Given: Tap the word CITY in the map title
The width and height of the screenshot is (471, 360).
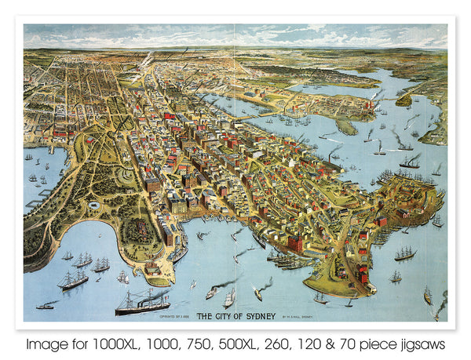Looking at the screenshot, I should click(x=223, y=316).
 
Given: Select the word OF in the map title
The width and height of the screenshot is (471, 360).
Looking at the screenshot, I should click(x=239, y=316).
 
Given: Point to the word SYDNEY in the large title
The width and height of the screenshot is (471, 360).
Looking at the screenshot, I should click(x=262, y=316).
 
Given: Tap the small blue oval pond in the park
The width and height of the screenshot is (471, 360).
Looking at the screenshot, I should click(x=95, y=205).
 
